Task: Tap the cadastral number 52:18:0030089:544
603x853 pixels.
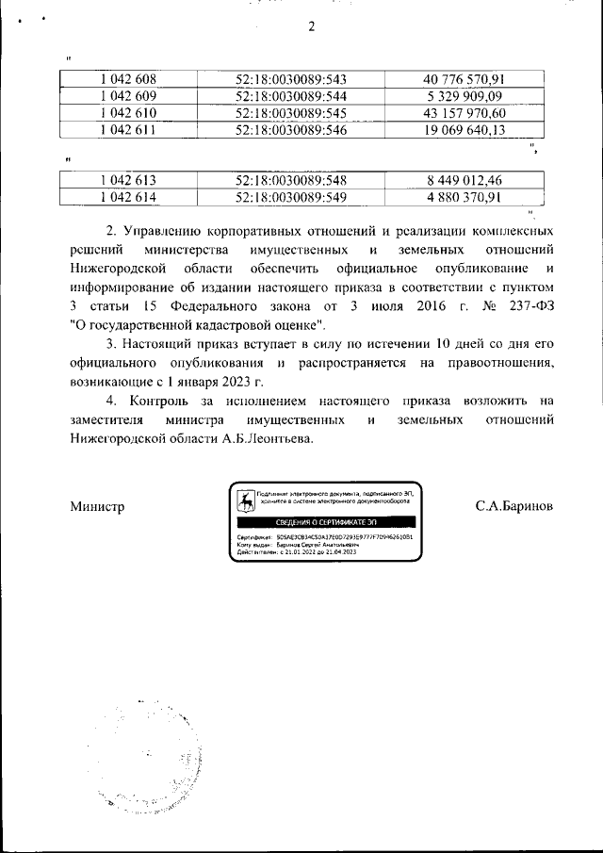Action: tap(291, 96)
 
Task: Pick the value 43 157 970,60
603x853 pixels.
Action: tap(464, 113)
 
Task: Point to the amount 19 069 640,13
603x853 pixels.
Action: tap(464, 130)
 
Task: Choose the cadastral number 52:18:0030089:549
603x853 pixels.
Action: tap(291, 197)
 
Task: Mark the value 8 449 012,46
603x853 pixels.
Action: tap(464, 180)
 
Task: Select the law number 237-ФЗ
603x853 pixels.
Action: tap(524, 307)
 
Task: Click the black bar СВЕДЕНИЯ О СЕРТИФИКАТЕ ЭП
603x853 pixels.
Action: tap(326, 521)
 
